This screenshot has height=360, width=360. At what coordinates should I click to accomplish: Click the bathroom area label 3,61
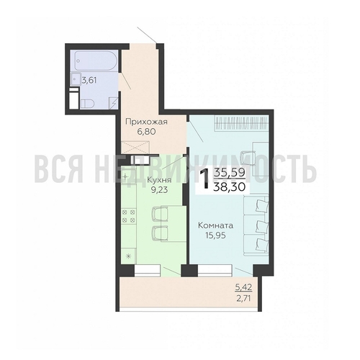(x=89, y=80)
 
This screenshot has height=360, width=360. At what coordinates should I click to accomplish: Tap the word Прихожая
(x=146, y=122)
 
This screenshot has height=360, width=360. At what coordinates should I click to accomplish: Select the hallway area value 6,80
(x=146, y=132)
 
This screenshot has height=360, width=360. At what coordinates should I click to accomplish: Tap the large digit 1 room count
(x=205, y=179)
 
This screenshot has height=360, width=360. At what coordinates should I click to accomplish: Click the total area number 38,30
(x=229, y=186)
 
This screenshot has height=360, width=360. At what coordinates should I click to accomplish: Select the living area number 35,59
(x=229, y=172)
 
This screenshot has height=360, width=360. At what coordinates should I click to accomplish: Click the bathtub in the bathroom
(x=96, y=60)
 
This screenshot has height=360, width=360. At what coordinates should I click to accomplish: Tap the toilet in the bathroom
(x=87, y=104)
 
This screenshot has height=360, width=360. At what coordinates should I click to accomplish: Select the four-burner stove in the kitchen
(x=129, y=216)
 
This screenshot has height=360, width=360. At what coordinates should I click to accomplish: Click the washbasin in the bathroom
(x=76, y=78)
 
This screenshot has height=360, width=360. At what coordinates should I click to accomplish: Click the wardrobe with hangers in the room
(x=241, y=124)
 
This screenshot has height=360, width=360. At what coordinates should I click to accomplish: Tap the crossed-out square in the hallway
(x=136, y=147)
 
